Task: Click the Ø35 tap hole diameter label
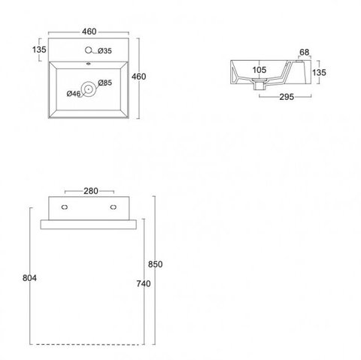click(105, 51)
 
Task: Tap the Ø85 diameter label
click(105, 83)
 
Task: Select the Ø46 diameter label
click(74, 94)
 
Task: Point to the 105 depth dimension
click(259, 70)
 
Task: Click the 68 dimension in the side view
click(305, 53)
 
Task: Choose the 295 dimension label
click(287, 97)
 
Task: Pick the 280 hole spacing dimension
click(91, 191)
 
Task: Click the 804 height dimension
click(29, 278)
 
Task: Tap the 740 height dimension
click(144, 283)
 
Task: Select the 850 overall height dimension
click(155, 265)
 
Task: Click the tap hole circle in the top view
click(88, 50)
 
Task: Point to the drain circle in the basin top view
click(88, 89)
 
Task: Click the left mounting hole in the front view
click(65, 207)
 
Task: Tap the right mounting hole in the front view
click(114, 207)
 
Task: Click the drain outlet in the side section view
click(258, 85)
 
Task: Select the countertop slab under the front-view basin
click(89, 225)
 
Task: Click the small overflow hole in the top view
click(88, 64)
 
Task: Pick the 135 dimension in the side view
click(319, 73)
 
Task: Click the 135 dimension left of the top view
click(39, 50)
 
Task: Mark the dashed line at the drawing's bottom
click(87, 345)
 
